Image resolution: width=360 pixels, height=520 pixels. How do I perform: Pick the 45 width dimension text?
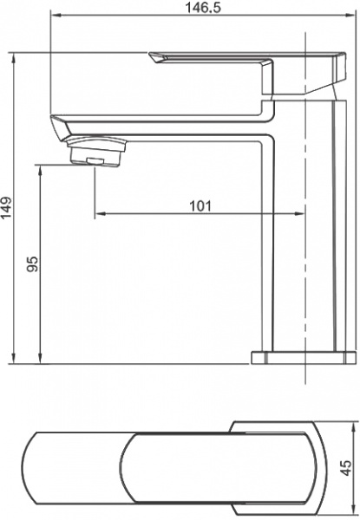tap(344, 467)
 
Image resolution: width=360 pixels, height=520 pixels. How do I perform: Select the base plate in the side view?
tap(303, 357)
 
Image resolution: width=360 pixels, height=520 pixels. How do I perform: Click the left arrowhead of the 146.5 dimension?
tap(53, 17)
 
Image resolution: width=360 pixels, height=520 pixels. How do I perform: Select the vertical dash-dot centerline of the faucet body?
tap(307, 260)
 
